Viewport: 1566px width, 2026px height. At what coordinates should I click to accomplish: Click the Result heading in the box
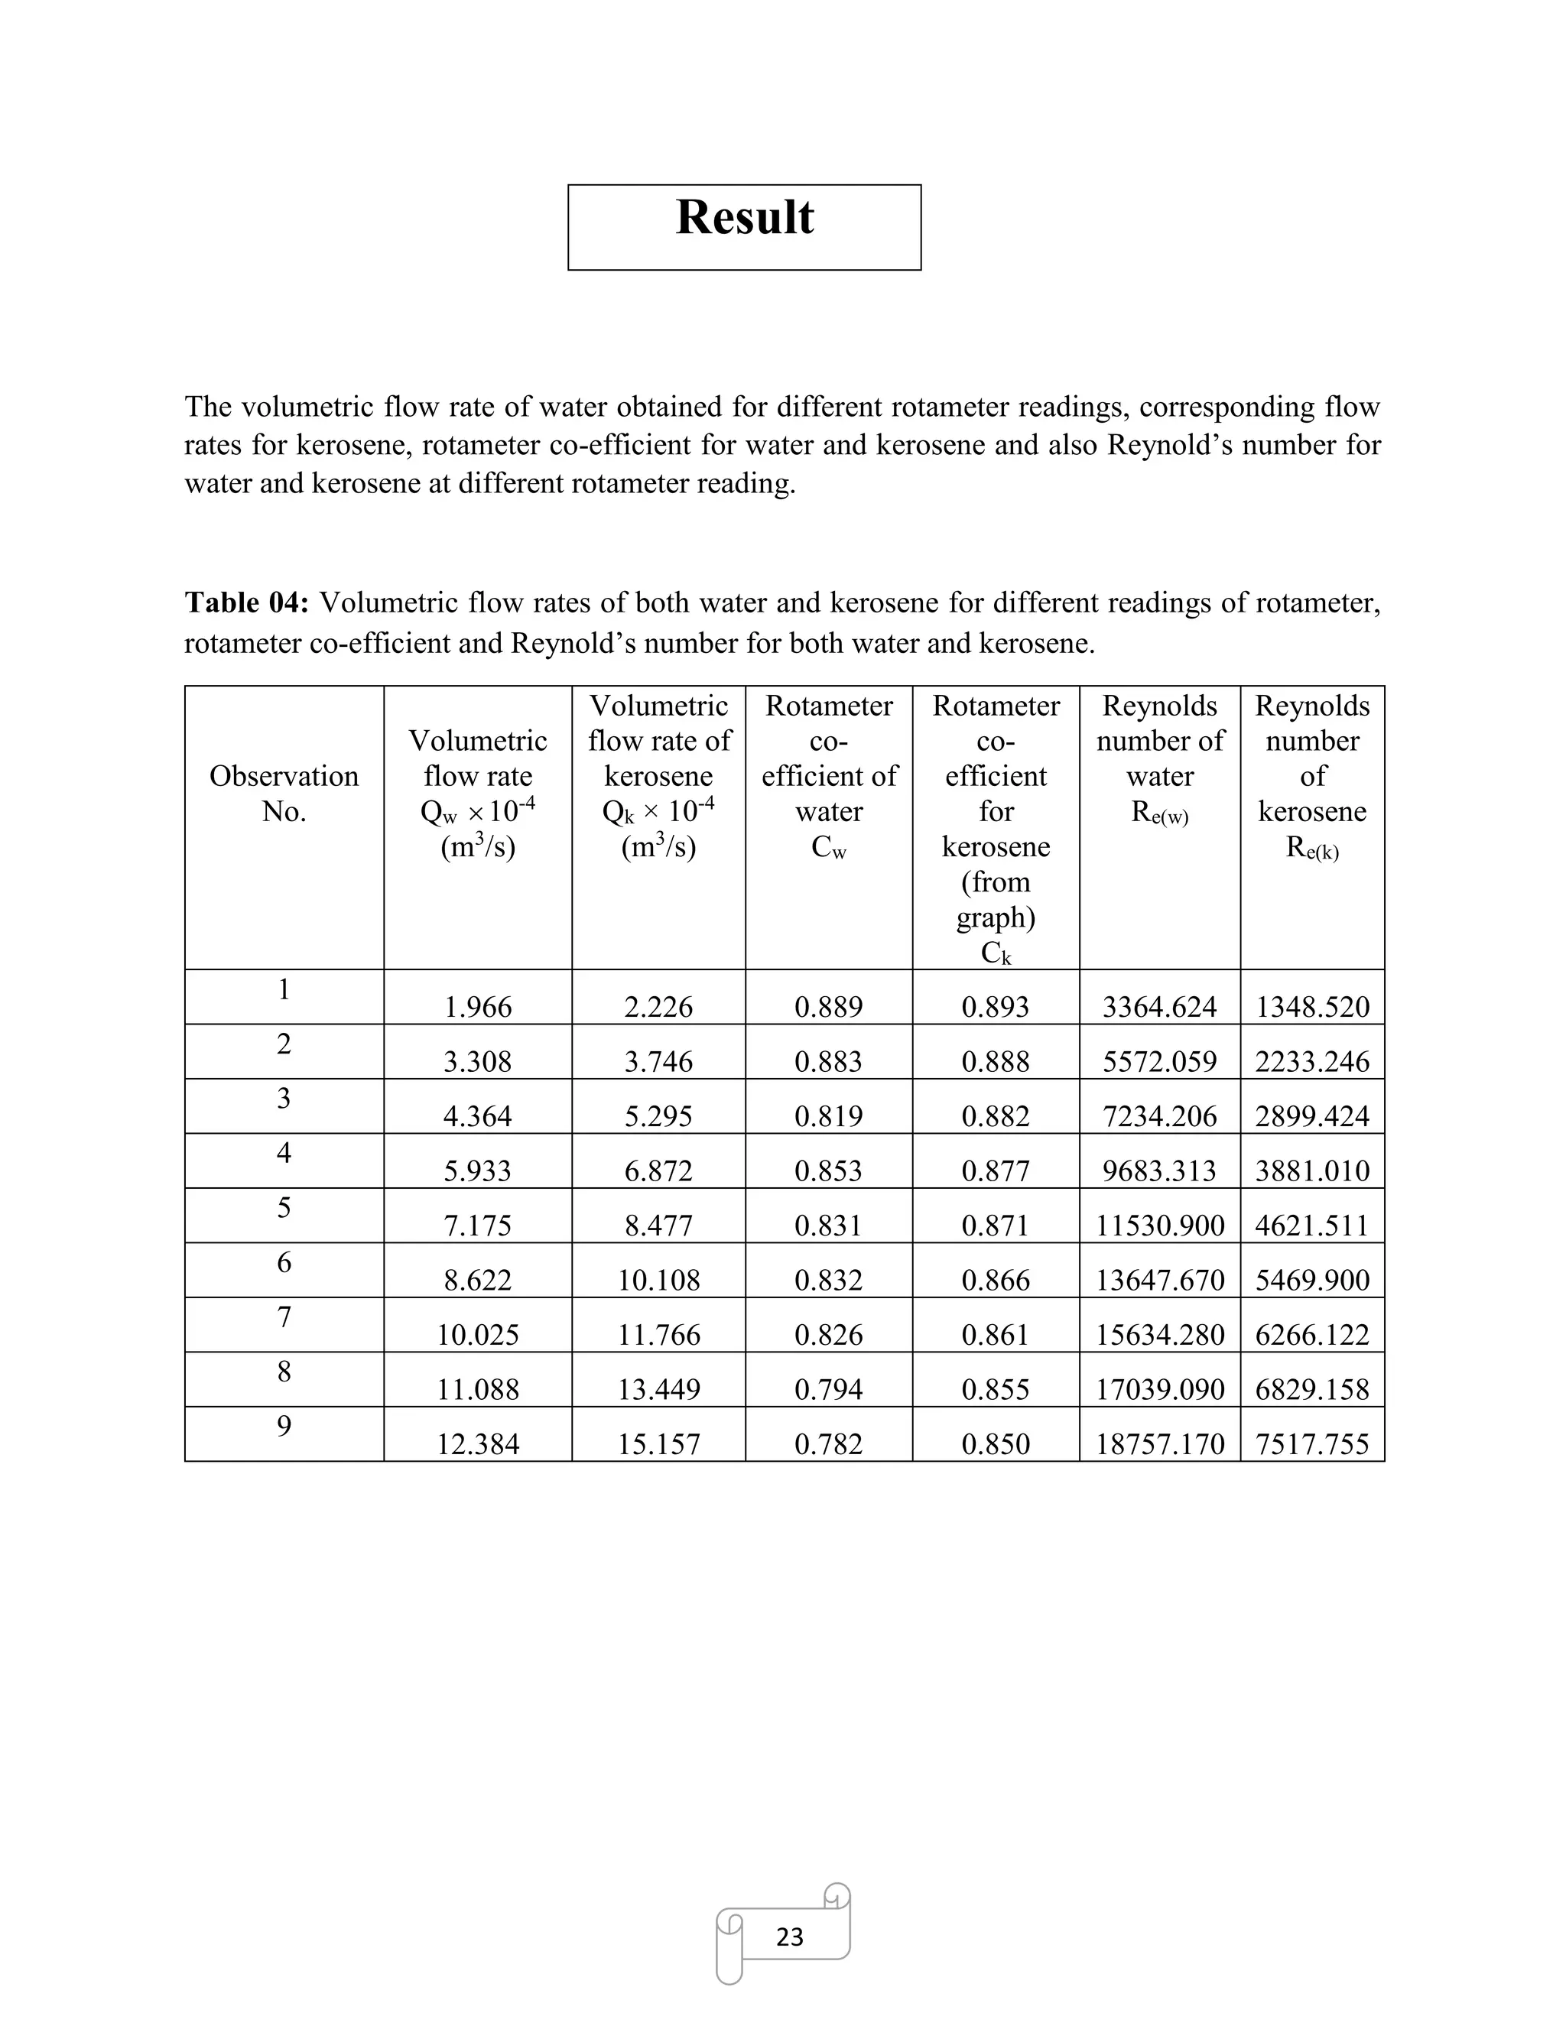click(x=744, y=219)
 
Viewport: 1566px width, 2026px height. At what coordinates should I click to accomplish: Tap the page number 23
click(x=789, y=1936)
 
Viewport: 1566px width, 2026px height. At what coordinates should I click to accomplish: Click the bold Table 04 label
click(x=246, y=603)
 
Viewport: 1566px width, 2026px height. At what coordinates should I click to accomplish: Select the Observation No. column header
click(x=284, y=793)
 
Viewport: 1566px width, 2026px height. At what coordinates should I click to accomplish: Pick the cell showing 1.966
click(x=478, y=1007)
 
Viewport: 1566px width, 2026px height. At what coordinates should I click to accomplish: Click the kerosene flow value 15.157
click(x=658, y=1443)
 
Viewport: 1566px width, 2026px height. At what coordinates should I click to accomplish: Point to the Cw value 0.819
click(x=828, y=1116)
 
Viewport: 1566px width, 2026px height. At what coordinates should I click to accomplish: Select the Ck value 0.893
click(x=996, y=1007)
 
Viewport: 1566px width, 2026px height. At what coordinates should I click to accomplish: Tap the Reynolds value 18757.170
click(x=1160, y=1443)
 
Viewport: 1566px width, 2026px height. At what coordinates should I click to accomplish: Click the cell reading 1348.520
click(x=1312, y=1007)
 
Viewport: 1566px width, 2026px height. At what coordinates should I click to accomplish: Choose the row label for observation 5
click(x=284, y=1208)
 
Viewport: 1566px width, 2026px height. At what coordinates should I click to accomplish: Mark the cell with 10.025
click(x=478, y=1334)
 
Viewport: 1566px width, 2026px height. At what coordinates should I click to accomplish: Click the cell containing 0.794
click(x=828, y=1388)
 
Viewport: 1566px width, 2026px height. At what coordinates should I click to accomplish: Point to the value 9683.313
click(x=1160, y=1170)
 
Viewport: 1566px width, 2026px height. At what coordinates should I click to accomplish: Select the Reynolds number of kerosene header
click(x=1312, y=775)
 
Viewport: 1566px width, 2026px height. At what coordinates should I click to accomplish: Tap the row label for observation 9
click(x=284, y=1426)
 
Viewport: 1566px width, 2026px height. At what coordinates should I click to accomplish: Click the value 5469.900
click(x=1312, y=1280)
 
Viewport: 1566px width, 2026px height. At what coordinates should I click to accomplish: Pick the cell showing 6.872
click(x=658, y=1170)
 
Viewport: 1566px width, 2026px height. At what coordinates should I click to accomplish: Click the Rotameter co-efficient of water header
click(x=828, y=775)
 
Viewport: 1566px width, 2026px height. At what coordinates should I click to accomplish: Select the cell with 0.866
click(x=996, y=1280)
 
